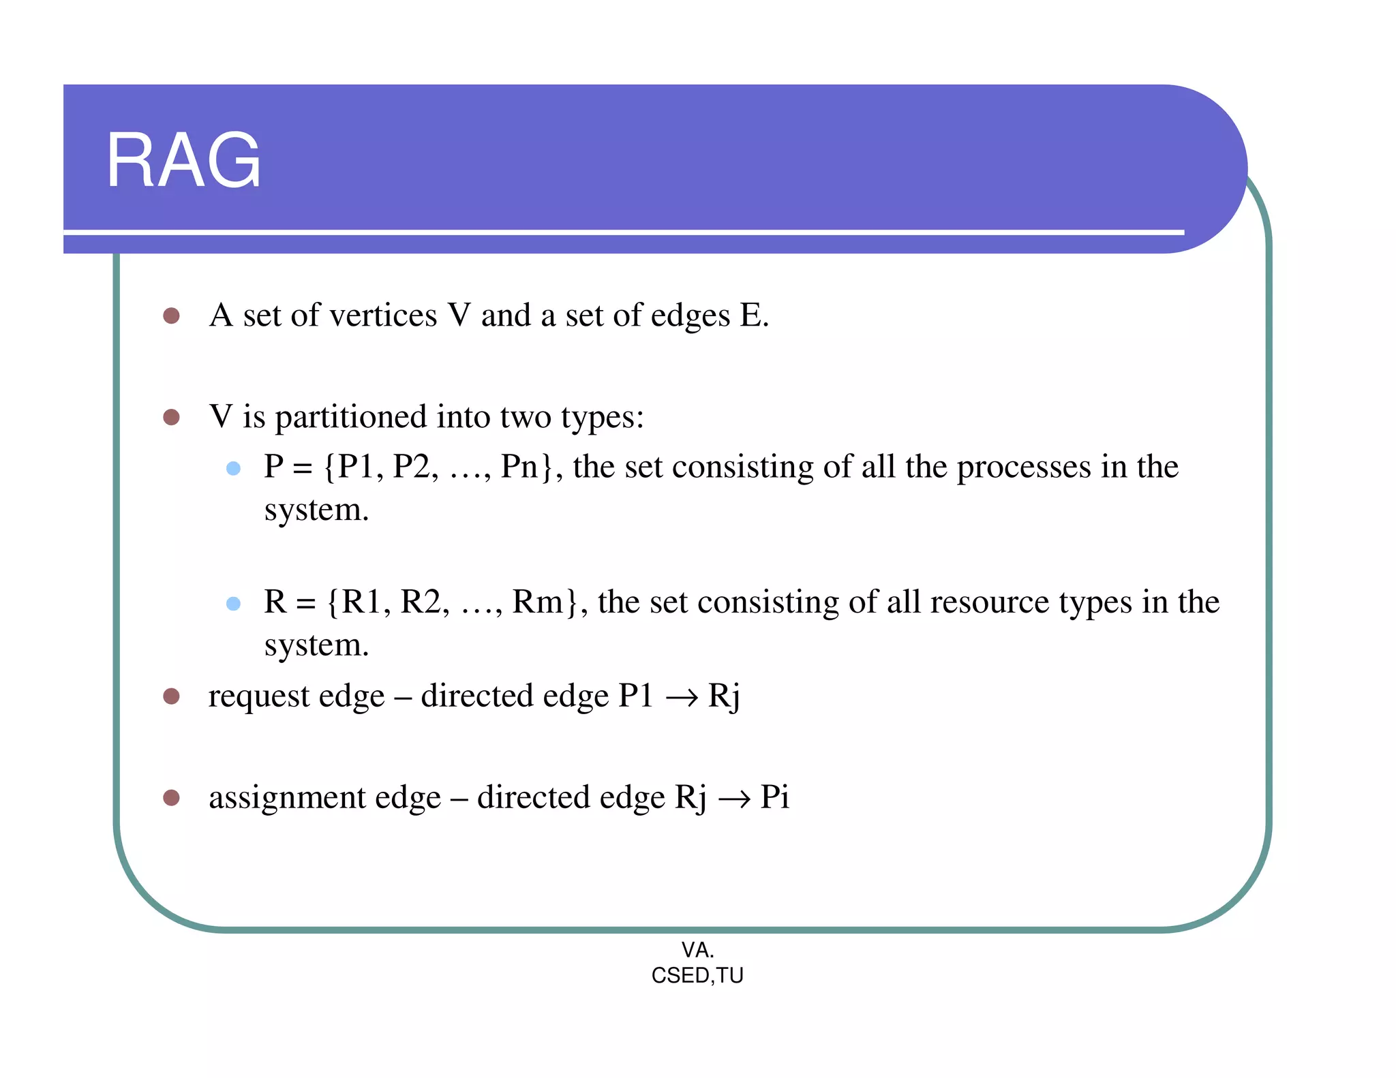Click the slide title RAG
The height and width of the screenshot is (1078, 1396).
coord(183,161)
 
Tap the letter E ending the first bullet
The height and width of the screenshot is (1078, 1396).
coord(750,315)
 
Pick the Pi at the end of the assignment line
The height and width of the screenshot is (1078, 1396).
coord(774,797)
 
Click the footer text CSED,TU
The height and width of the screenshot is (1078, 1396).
coord(697,976)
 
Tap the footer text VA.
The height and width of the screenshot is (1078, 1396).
coord(697,949)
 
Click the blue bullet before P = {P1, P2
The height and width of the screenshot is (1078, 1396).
coord(233,468)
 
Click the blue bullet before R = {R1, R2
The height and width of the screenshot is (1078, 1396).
coord(233,603)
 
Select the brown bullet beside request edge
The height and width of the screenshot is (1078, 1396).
coord(171,696)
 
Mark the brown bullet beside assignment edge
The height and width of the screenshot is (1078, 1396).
coord(171,797)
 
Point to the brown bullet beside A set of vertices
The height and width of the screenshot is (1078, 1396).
coord(171,315)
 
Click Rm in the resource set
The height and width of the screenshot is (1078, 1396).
coord(537,602)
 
